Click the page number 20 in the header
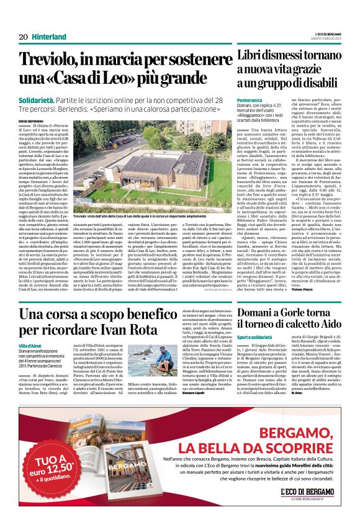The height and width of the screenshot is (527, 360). click(x=23, y=37)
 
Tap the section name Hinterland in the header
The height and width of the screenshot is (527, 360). click(x=48, y=37)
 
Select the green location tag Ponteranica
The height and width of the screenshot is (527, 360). click(x=250, y=99)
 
